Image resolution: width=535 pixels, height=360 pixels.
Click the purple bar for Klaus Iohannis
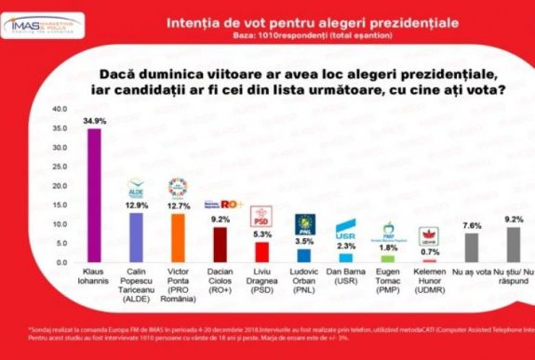pyautogui.click(x=94, y=195)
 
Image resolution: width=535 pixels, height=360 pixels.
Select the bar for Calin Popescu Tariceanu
pyautogui.click(x=136, y=237)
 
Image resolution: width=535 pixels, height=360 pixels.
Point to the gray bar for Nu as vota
pyautogui.click(x=471, y=247)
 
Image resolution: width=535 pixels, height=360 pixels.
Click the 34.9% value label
pyautogui.click(x=94, y=121)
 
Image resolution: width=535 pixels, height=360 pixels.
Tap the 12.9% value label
pyautogui.click(x=136, y=204)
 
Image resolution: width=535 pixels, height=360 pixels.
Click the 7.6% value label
pyautogui.click(x=471, y=225)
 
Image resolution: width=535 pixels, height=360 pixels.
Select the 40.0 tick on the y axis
pyautogui.click(x=58, y=109)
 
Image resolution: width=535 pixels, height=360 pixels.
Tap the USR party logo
pyautogui.click(x=346, y=228)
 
